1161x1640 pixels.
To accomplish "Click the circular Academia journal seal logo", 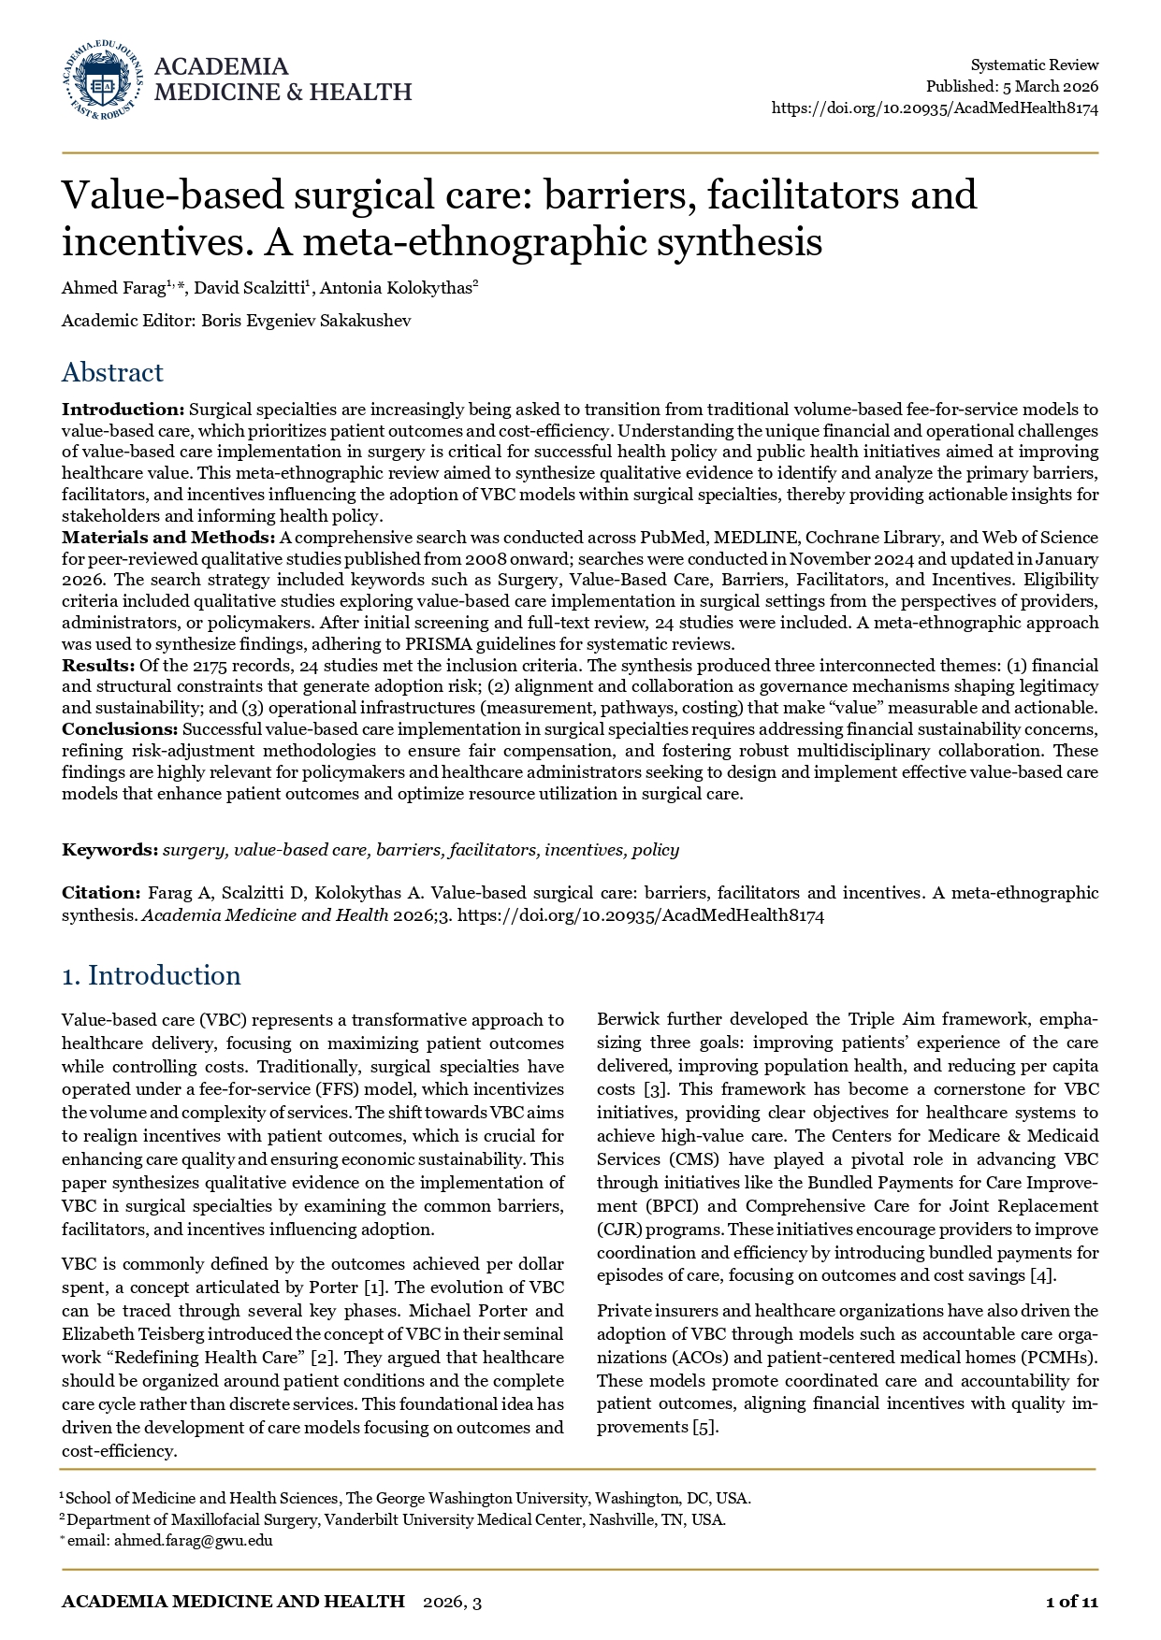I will (x=103, y=80).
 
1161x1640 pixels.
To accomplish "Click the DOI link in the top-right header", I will (x=935, y=108).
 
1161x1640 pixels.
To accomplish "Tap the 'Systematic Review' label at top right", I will (x=1034, y=65).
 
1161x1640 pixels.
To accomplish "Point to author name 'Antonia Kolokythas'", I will (x=398, y=289).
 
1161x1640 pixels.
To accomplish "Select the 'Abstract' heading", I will (x=112, y=372).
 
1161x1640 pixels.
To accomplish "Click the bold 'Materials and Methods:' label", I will (x=168, y=538).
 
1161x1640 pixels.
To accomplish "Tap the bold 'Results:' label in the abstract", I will (x=98, y=666).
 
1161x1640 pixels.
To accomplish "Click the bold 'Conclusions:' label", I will (x=120, y=729).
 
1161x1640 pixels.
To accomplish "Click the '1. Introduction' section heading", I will (x=151, y=976).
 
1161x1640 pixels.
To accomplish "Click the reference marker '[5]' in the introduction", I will (x=704, y=1427).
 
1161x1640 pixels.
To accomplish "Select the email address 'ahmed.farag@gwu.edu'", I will (x=193, y=1541).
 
